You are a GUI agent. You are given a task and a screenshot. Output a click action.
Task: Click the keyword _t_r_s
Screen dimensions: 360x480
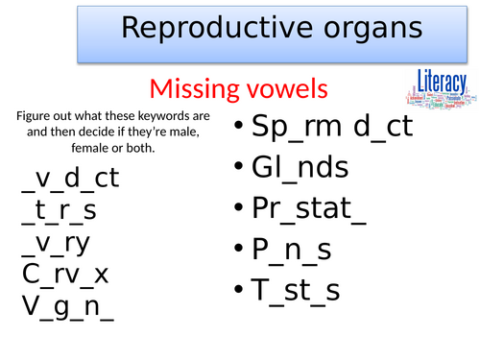tap(60, 210)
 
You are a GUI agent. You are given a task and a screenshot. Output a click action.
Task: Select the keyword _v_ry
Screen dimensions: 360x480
tap(56, 242)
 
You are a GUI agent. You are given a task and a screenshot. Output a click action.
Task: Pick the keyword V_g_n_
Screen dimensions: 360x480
tap(67, 307)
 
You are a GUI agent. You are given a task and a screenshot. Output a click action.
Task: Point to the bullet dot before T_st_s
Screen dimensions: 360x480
tap(240, 290)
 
